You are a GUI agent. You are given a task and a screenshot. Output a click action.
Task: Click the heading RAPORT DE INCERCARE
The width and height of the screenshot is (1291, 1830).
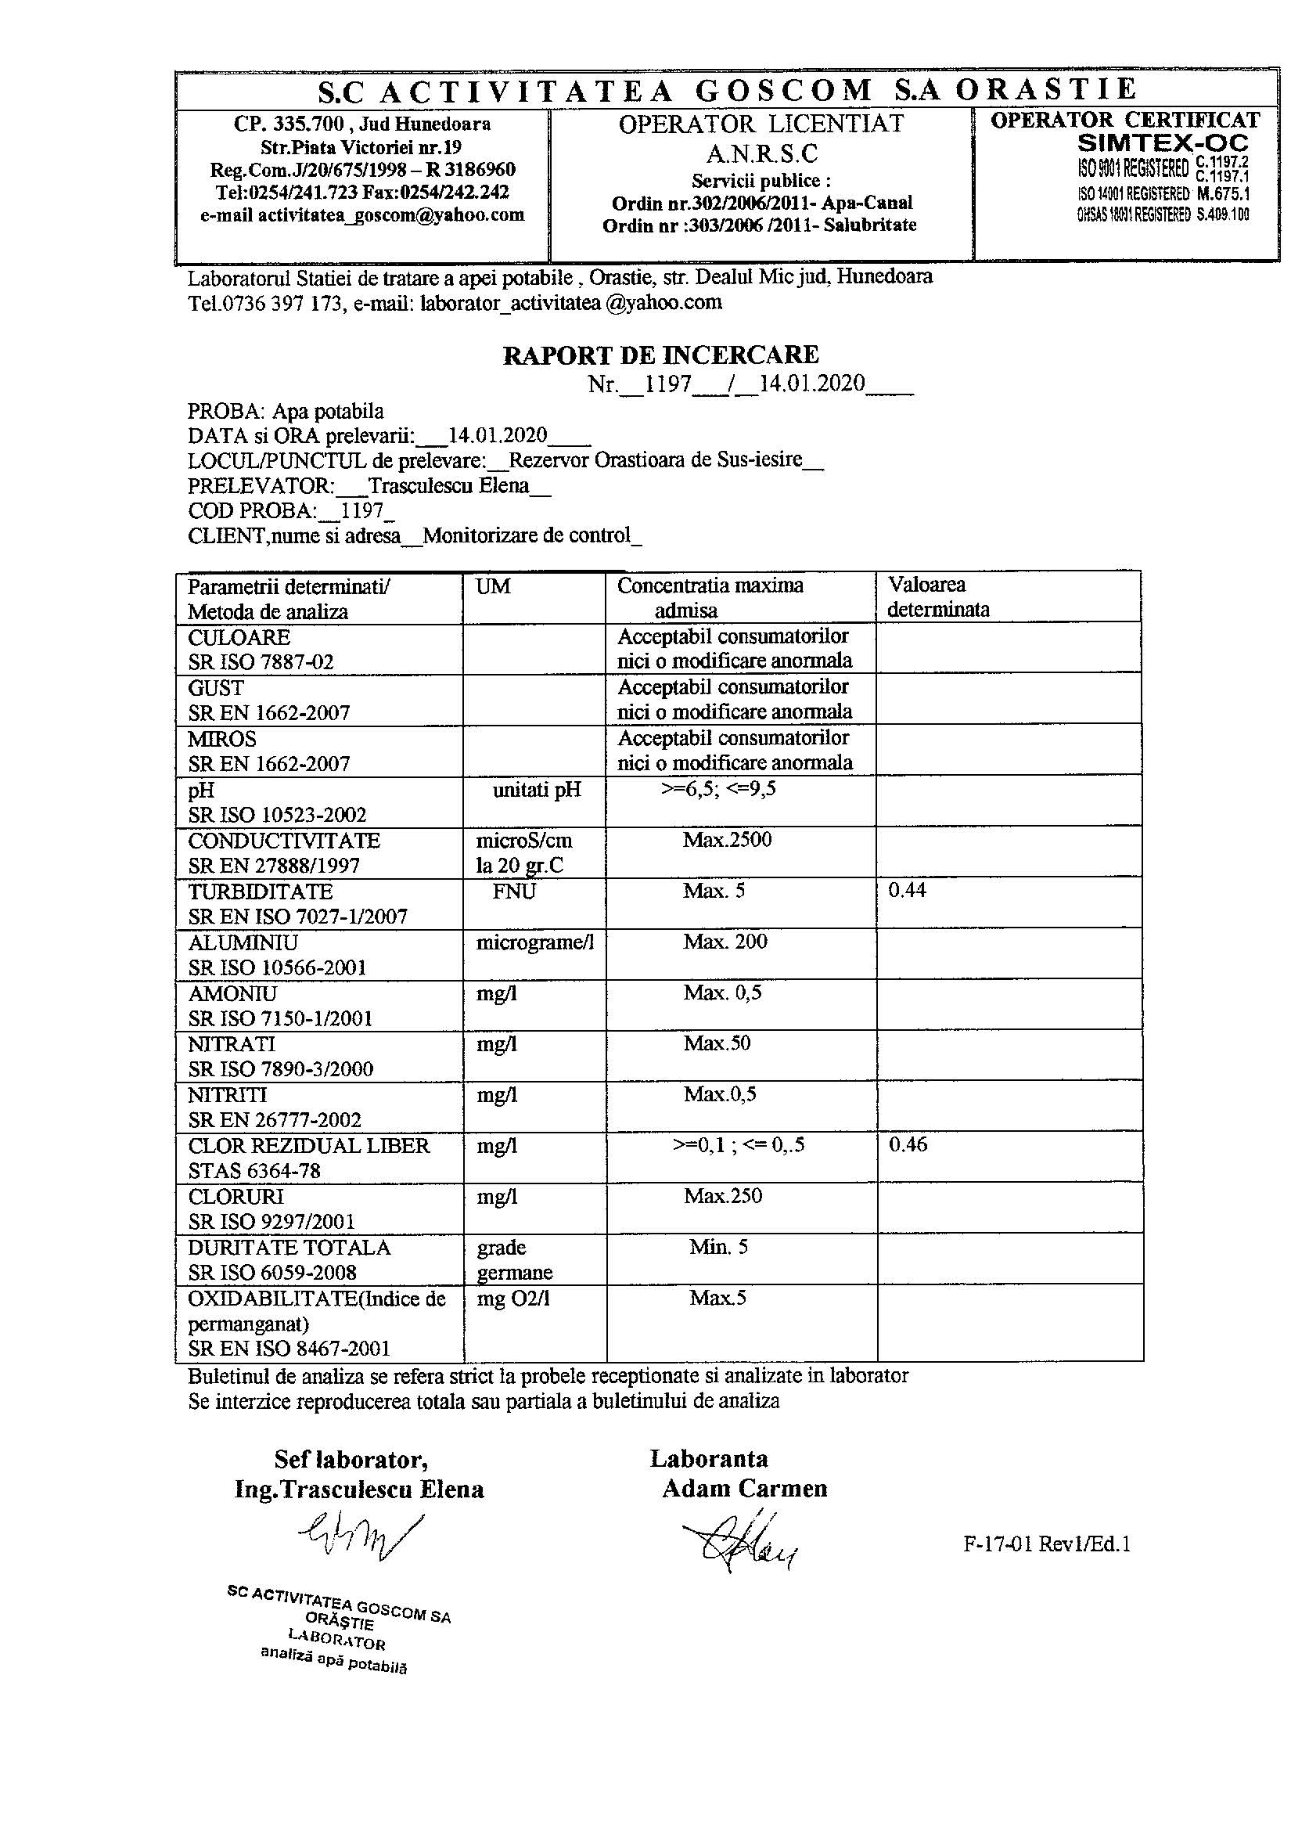click(660, 355)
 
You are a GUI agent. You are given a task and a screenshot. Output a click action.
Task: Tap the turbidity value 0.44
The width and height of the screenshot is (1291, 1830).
click(907, 890)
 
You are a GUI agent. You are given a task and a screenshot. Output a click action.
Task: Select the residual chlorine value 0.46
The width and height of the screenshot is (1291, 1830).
click(908, 1144)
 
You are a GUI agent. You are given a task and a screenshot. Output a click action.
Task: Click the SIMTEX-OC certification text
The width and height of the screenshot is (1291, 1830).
click(1162, 143)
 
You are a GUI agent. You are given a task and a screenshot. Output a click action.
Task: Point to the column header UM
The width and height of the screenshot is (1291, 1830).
click(493, 586)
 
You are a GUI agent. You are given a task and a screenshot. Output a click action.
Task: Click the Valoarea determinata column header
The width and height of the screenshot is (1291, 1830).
click(938, 597)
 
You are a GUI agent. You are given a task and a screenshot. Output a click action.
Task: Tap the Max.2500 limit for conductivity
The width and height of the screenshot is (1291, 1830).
click(727, 839)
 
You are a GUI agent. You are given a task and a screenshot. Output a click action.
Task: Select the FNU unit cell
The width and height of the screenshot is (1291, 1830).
click(514, 891)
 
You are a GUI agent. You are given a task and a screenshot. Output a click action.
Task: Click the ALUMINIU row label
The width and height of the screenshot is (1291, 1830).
click(243, 943)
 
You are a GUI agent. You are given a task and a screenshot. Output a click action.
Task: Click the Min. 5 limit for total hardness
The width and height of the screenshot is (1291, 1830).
click(718, 1247)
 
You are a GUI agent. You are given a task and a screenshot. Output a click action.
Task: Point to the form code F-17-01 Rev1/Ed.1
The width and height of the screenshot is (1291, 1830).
click(1046, 1544)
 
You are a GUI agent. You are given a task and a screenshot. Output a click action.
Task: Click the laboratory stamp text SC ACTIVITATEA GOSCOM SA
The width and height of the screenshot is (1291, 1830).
click(338, 1605)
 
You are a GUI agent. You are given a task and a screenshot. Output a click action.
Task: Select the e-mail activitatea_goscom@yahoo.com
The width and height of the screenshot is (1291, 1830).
click(362, 214)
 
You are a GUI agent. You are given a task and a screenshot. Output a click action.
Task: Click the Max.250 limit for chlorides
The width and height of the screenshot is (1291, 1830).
click(723, 1195)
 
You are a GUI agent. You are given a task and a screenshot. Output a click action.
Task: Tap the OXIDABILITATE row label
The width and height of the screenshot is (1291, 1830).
click(316, 1299)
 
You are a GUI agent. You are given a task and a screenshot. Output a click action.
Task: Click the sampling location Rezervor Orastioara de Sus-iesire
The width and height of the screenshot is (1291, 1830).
click(654, 461)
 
